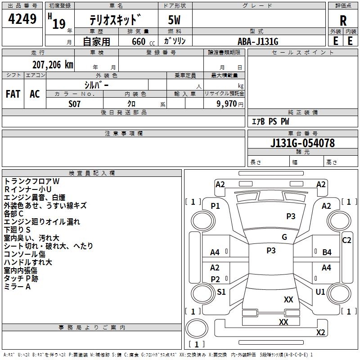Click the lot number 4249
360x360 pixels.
click(22, 19)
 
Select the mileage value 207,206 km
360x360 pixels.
click(53, 64)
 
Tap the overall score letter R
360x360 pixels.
click(343, 21)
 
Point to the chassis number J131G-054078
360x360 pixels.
click(302, 144)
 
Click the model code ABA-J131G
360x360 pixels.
click(258, 41)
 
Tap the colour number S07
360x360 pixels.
click(75, 103)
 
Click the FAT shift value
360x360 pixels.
click(13, 94)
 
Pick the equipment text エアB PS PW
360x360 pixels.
click(270, 122)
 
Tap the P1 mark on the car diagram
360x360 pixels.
click(216, 206)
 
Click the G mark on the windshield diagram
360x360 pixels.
click(284, 237)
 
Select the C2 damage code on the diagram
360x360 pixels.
click(346, 240)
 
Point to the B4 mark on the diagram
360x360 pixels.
click(327, 252)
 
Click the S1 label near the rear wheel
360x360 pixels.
click(221, 292)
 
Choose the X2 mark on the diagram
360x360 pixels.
click(321, 333)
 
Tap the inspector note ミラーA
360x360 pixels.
click(17, 287)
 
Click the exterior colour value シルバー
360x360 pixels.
click(96, 85)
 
